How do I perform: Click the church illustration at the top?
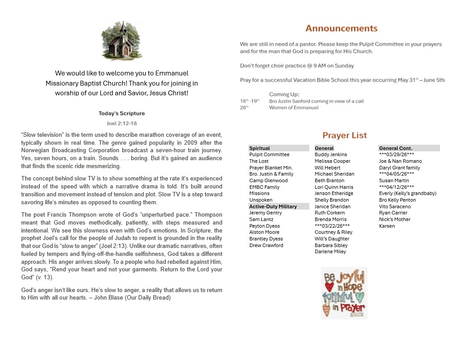[122, 41]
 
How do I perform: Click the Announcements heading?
[341, 29]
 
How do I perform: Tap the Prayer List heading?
[344, 135]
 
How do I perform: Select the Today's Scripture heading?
[122, 113]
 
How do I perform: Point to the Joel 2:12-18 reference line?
[122, 124]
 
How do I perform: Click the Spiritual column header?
[259, 148]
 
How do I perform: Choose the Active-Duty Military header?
[273, 206]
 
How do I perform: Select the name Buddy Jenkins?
[331, 155]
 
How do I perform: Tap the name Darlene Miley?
[330, 252]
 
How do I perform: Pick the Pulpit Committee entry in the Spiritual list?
[269, 155]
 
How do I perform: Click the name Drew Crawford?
[266, 245]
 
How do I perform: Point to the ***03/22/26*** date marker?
[332, 226]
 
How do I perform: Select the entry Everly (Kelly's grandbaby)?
[407, 194]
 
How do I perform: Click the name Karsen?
[387, 226]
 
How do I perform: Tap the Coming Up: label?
[284, 94]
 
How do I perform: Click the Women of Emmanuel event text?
[293, 108]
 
